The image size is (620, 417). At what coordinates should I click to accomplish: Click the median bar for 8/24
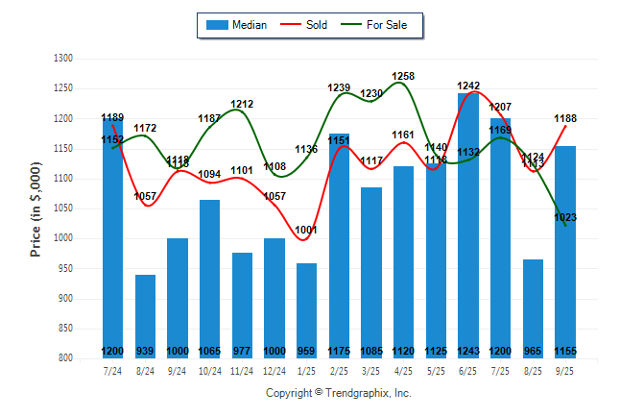point(145,316)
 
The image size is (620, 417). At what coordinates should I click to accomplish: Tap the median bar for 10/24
point(210,279)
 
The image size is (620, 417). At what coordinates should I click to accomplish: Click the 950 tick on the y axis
point(65,268)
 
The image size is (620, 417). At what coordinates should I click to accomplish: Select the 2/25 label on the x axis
point(339,370)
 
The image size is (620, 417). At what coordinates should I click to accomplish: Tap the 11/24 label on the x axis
point(242,370)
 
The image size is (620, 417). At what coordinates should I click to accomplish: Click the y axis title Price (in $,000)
point(36,208)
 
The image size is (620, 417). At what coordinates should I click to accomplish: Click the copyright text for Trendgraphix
point(338,393)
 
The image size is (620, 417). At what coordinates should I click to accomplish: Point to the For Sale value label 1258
point(403,76)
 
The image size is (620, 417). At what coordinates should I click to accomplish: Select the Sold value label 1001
point(307,230)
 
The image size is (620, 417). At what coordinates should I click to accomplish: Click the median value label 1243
point(468,351)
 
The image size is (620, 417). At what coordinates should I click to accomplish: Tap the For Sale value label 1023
point(565,218)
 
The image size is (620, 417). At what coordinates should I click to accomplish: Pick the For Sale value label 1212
point(242,104)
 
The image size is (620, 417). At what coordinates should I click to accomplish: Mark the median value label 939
point(145,351)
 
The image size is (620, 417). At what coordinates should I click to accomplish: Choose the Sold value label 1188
point(565,119)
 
